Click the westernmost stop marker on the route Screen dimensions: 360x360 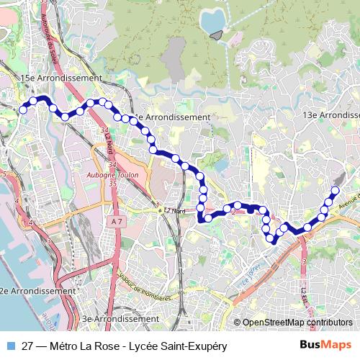pos(23,109)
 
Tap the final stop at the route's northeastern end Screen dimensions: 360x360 pos(335,191)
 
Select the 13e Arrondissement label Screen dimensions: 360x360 pos(331,115)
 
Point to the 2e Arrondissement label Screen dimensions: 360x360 pos(37,291)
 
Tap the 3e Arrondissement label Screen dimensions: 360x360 pos(120,318)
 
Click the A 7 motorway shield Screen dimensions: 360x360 pos(117,222)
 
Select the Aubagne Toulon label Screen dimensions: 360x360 pos(117,174)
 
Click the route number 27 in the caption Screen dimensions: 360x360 pos(28,346)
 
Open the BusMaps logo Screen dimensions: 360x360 pos(325,346)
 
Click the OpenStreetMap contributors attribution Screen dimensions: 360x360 pos(297,323)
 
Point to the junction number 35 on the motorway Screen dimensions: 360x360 pos(112,184)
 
